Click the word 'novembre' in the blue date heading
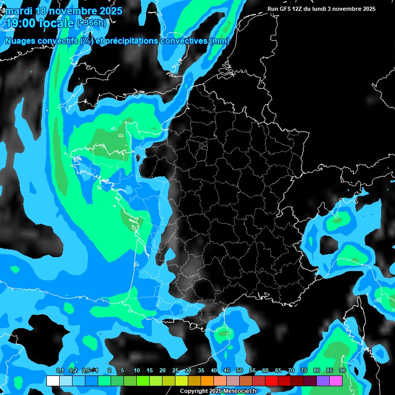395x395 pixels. [69, 11]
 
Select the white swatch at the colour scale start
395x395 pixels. [52, 381]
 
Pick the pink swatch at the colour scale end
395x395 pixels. [336, 381]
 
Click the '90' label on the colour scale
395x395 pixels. [342, 370]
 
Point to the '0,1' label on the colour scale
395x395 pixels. [60, 370]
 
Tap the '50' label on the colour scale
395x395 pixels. [240, 370]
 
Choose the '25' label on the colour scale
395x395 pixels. [175, 370]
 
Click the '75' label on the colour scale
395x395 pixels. [304, 370]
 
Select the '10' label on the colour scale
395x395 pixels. [137, 370]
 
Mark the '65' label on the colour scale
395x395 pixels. [278, 370]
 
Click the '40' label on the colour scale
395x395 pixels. [214, 370]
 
